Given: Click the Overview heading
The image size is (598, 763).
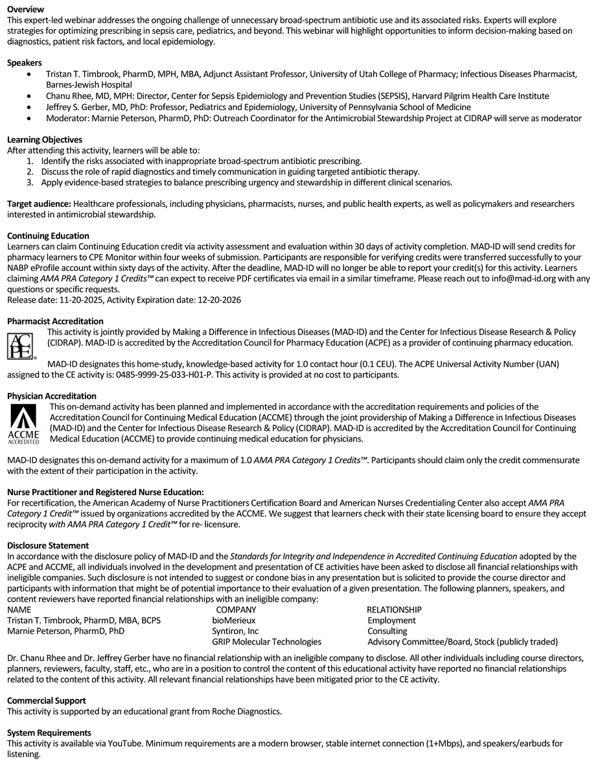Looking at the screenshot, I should [x=25, y=9].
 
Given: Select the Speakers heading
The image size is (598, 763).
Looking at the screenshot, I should [x=25, y=63].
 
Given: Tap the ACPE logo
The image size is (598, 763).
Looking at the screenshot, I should [x=20, y=345].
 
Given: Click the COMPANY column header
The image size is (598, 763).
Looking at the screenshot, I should [x=236, y=610].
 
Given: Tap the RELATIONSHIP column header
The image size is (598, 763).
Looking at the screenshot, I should [x=394, y=610].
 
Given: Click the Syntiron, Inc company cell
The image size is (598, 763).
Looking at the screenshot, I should [x=235, y=631].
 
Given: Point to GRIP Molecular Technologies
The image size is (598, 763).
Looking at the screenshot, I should [x=267, y=642].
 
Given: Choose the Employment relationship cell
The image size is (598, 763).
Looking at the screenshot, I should [x=391, y=620].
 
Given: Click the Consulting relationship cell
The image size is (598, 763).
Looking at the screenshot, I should [x=387, y=631].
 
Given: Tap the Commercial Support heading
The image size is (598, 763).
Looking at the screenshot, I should [x=46, y=701].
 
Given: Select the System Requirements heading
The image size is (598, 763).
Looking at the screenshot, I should [x=49, y=733].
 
